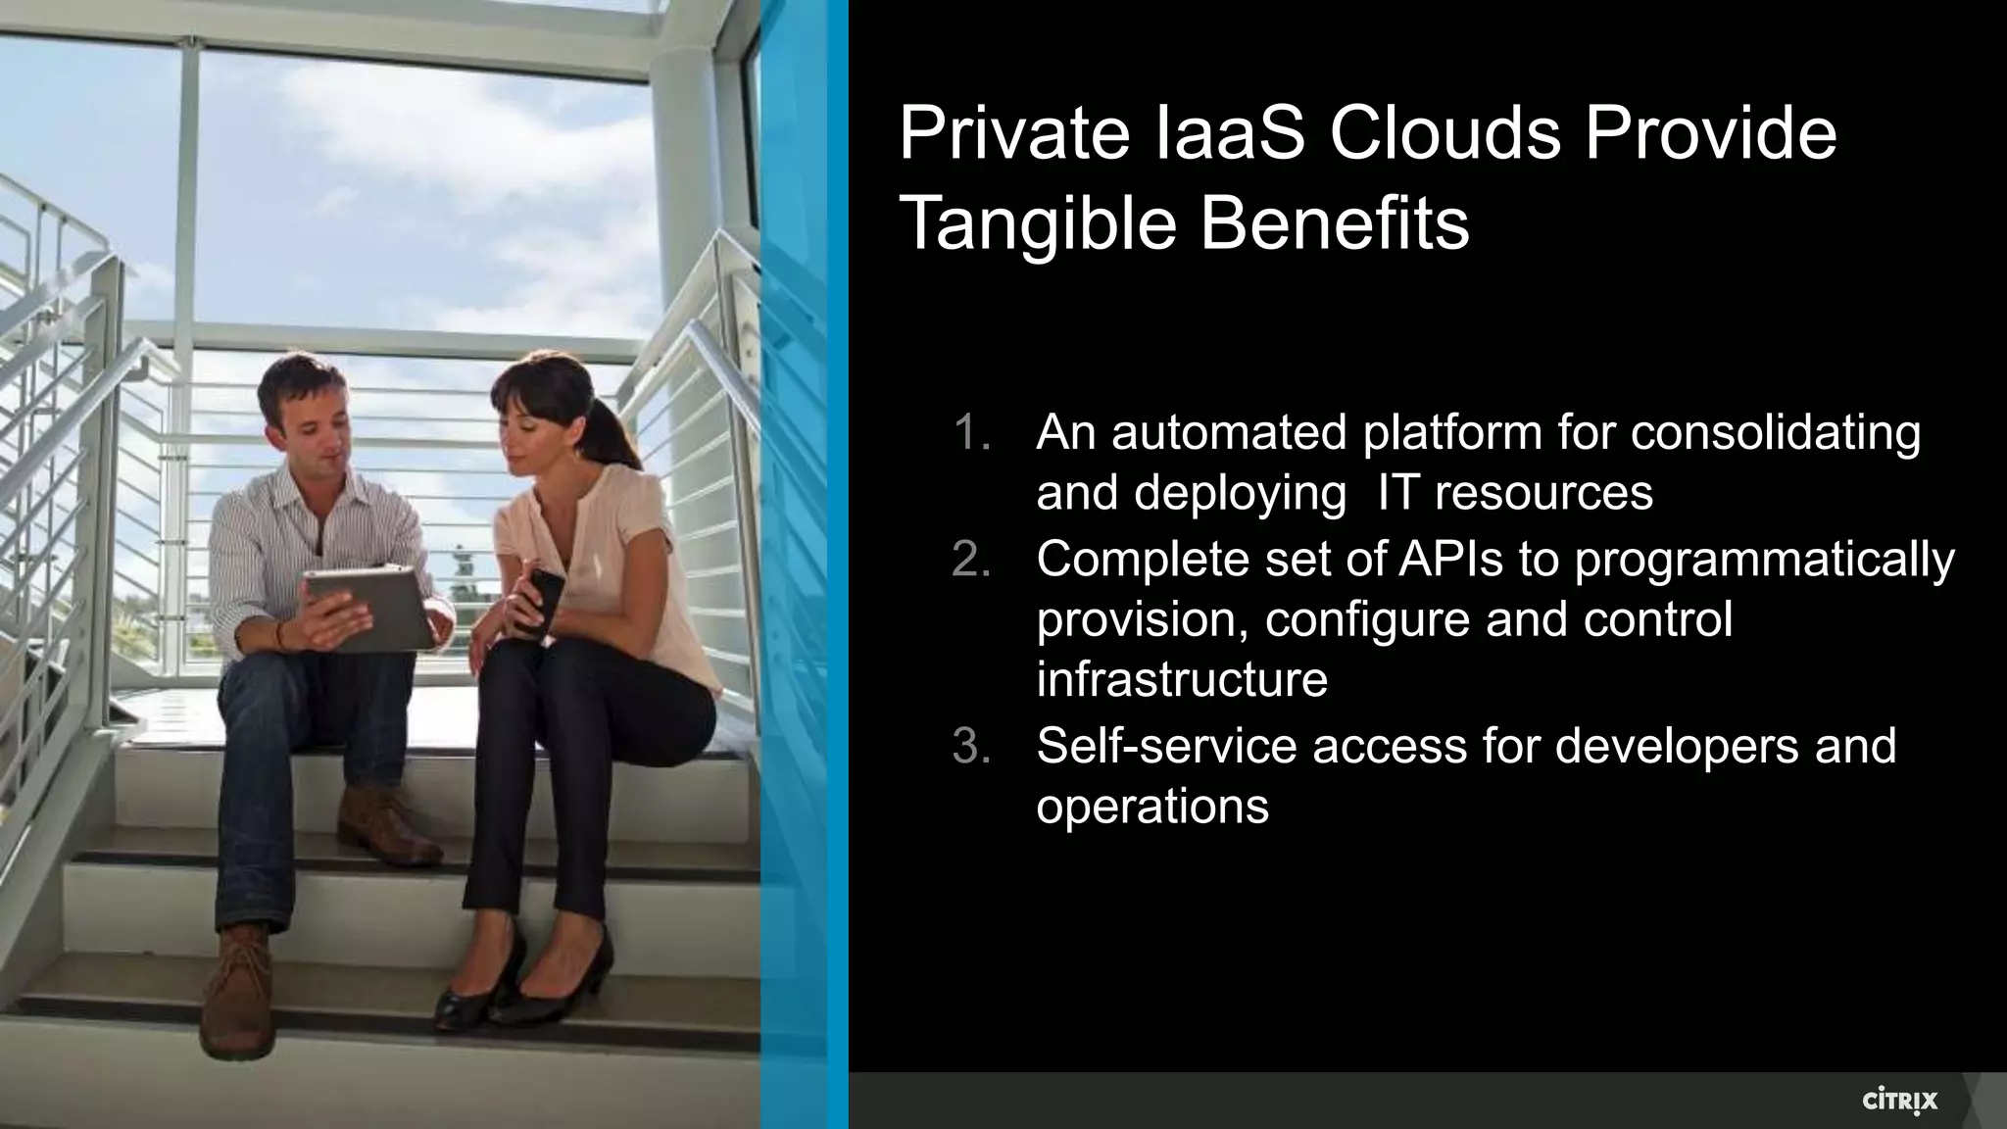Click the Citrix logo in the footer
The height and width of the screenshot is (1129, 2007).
coord(1899,1102)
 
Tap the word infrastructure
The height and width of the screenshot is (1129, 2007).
coord(1182,679)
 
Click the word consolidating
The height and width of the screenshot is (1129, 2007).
coord(1775,433)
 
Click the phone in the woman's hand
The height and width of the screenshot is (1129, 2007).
coord(545,601)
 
